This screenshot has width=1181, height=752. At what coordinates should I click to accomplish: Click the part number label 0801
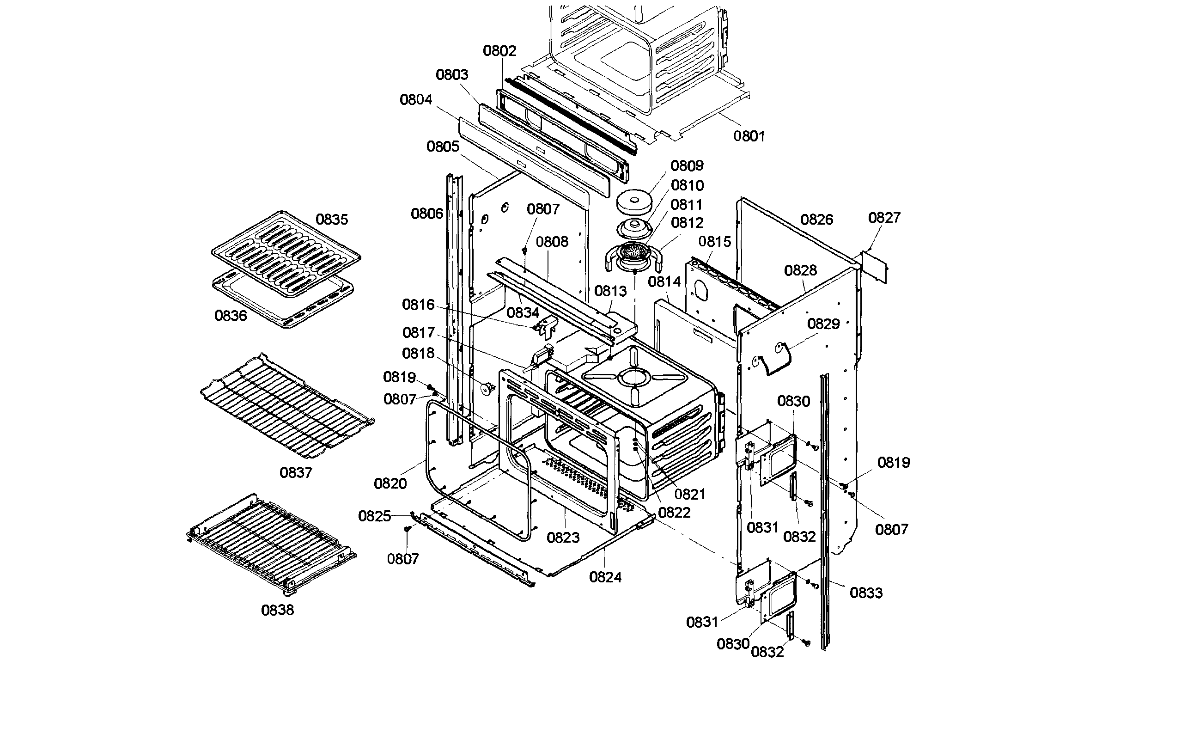(x=749, y=136)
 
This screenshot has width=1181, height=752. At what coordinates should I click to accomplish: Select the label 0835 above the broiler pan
(x=332, y=219)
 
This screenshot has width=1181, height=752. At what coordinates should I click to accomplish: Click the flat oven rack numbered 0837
(x=287, y=407)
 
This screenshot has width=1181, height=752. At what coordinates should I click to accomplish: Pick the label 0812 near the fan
(x=687, y=223)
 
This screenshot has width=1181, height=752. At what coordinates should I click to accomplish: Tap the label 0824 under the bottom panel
(x=605, y=577)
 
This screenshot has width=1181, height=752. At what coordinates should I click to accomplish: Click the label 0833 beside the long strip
(x=866, y=593)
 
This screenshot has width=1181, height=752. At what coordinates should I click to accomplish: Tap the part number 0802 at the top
(x=499, y=50)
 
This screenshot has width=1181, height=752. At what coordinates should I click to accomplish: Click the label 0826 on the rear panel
(x=816, y=219)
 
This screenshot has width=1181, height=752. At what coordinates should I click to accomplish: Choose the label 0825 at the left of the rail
(x=374, y=516)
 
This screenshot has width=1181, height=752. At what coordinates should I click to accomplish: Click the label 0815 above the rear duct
(x=715, y=241)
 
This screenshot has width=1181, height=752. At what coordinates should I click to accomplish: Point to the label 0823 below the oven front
(x=563, y=538)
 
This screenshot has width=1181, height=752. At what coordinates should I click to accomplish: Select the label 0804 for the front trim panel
(x=416, y=99)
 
